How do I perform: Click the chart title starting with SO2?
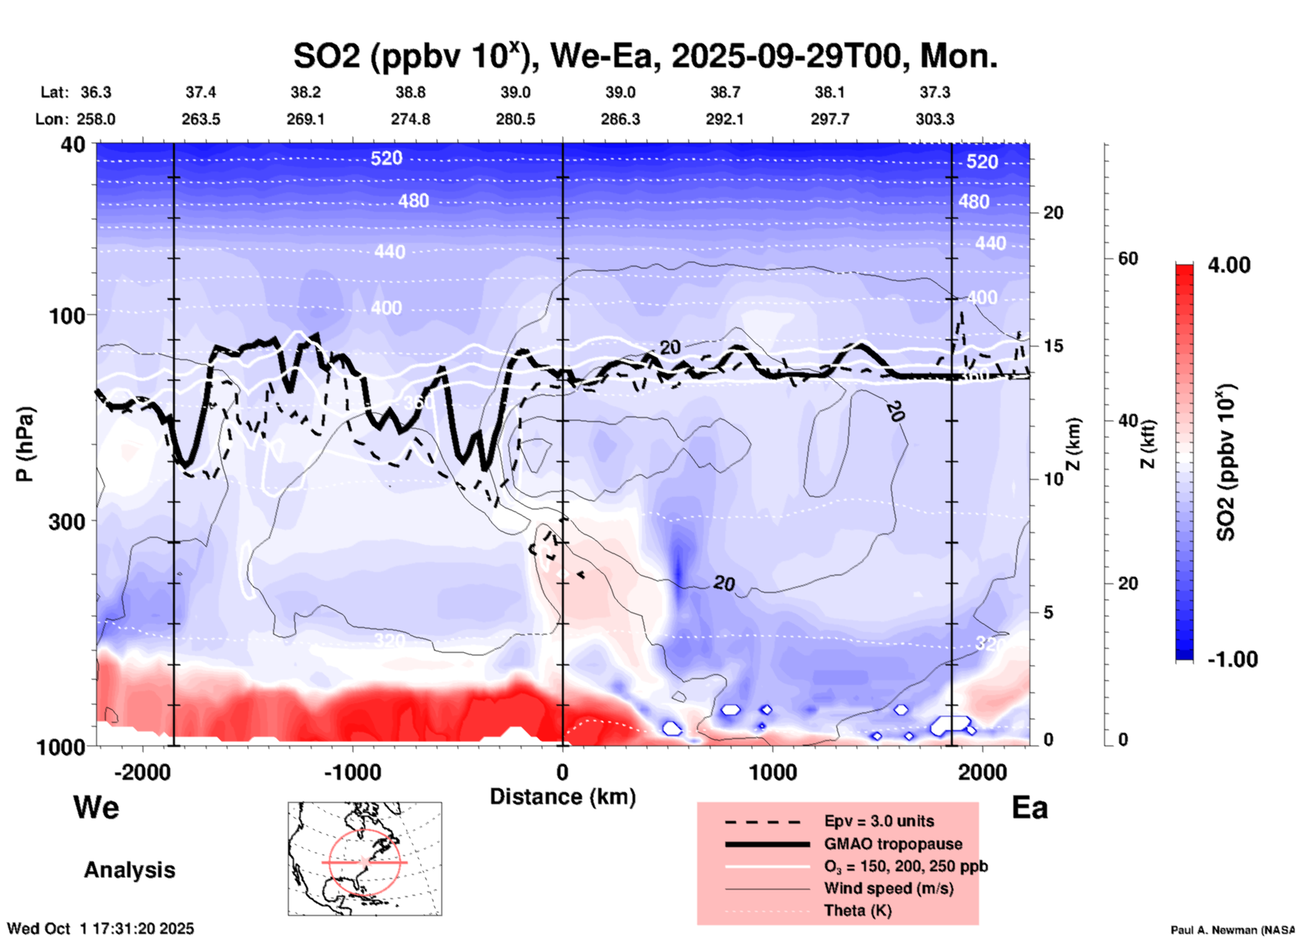tap(645, 57)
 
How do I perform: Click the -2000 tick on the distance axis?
tap(142, 772)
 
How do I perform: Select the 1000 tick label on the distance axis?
tap(772, 772)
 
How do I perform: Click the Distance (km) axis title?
tap(563, 797)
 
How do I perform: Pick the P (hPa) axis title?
tap(25, 444)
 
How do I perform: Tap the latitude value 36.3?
tap(96, 92)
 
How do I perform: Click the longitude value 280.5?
tap(515, 119)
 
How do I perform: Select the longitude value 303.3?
tap(935, 119)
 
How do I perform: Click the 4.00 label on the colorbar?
tap(1229, 265)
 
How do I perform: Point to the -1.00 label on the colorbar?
tap(1232, 659)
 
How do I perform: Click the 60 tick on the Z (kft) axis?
tap(1128, 258)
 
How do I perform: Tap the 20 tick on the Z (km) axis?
tap(1053, 213)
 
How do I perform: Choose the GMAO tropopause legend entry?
tap(893, 844)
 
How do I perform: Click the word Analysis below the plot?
tap(129, 869)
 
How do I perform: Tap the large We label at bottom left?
tap(96, 807)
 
